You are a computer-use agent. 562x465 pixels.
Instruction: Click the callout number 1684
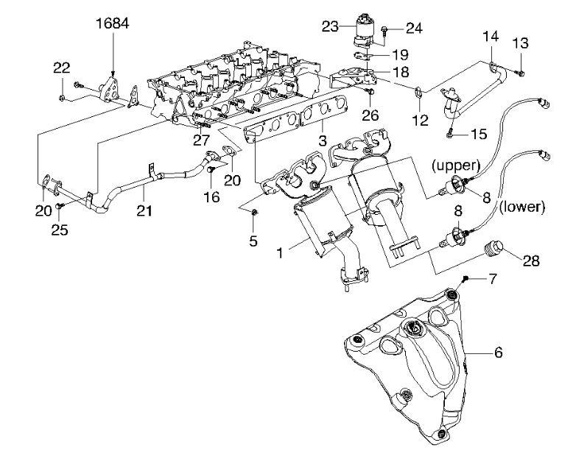[113, 24]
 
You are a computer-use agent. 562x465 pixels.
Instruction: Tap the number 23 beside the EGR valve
[330, 26]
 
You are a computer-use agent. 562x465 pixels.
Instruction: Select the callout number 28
[531, 261]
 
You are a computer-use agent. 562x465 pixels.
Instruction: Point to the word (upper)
[455, 166]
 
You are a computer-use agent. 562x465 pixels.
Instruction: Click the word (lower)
[522, 207]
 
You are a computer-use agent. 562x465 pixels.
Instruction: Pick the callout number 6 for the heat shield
[498, 352]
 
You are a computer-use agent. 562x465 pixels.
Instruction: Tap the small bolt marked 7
[466, 278]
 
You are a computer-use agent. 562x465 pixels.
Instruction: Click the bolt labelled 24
[384, 30]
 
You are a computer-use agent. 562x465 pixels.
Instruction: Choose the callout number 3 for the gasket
[322, 140]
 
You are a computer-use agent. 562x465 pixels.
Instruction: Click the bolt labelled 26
[370, 93]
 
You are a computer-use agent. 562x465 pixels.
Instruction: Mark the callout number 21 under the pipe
[144, 210]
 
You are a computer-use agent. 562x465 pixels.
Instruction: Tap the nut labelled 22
[62, 98]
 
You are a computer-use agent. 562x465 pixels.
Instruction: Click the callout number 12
[420, 120]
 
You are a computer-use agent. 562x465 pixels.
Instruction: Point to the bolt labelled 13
[521, 74]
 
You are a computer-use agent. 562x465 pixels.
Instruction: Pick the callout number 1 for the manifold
[280, 252]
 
